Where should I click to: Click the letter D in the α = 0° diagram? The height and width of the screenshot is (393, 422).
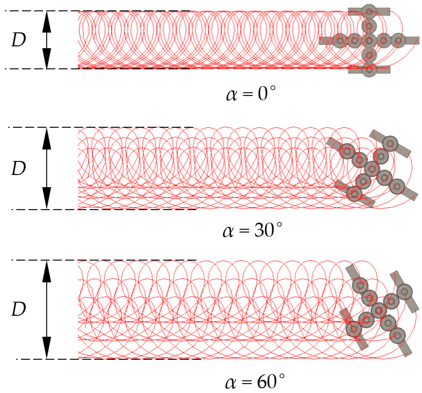coord(19,40)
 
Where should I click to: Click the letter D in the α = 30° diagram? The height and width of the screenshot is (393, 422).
coord(19,168)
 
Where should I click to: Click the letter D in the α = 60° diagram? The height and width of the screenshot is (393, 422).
coord(19,309)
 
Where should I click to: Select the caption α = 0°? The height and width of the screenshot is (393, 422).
coord(251,94)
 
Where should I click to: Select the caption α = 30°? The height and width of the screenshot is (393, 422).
coord(252,230)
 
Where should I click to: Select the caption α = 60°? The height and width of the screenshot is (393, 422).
coord(254,381)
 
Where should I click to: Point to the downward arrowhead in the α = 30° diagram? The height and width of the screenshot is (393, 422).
coord(46,198)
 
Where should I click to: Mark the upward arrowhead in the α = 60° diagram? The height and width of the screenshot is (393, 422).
coord(46,271)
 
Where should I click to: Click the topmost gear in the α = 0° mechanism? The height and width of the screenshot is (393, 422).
coord(369,12)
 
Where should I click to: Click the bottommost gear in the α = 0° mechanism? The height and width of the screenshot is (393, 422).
coord(369,70)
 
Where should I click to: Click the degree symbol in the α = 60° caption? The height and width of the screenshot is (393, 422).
coord(281,375)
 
